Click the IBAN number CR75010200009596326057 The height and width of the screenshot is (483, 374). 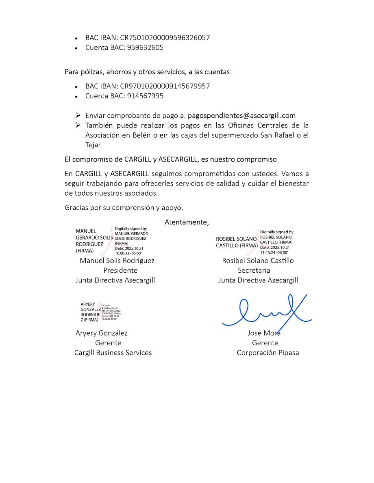pyautogui.click(x=165, y=38)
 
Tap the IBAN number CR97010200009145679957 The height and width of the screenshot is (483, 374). pyautogui.click(x=165, y=86)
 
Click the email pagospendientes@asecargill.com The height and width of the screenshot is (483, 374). pyautogui.click(x=241, y=116)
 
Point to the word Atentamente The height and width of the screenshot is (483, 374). pyautogui.click(x=187, y=222)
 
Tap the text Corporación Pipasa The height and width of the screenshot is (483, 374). pyautogui.click(x=267, y=353)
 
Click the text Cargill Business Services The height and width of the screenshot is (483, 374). pyautogui.click(x=113, y=353)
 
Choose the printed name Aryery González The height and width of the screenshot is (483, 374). pyautogui.click(x=102, y=333)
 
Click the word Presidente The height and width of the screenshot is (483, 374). pyautogui.click(x=120, y=270)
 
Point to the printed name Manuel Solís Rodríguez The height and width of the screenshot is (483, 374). pyautogui.click(x=117, y=261)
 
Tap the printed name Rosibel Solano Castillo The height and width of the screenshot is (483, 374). pyautogui.click(x=258, y=261)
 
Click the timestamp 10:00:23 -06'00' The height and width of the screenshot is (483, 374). pyautogui.click(x=128, y=252)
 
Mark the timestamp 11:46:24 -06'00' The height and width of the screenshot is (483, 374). pyautogui.click(x=274, y=252)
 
